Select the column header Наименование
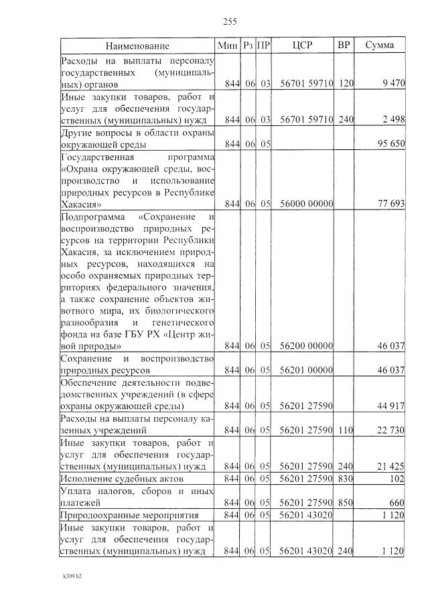tap(137, 46)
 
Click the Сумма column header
tap(379, 46)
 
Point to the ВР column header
tap(344, 46)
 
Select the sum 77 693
tap(390, 204)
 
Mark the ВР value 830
tap(345, 479)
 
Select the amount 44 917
tap(390, 406)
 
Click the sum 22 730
tap(390, 431)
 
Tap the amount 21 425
tap(390, 467)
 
